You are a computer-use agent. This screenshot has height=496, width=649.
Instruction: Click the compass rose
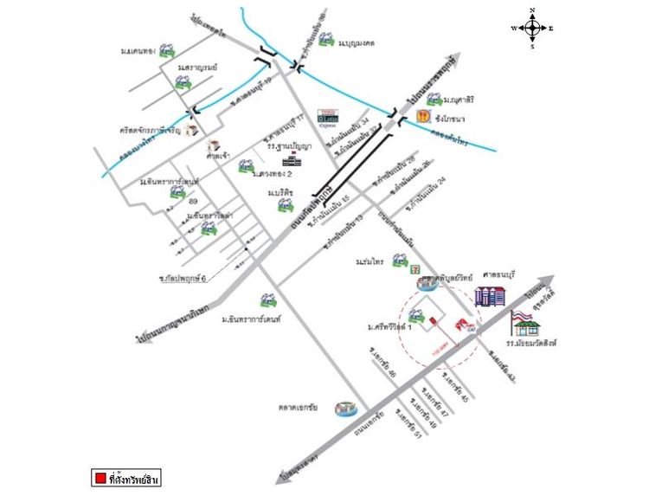[532, 28]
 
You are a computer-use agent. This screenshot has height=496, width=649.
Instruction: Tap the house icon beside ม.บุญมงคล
[327, 41]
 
